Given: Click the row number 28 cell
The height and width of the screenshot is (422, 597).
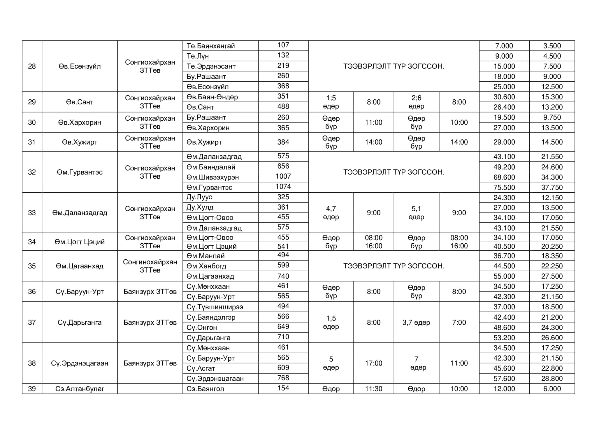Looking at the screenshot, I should [x=32, y=66].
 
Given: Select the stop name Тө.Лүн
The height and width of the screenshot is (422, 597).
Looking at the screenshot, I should [x=198, y=56].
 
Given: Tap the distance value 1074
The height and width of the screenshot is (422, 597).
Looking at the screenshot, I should [x=283, y=187].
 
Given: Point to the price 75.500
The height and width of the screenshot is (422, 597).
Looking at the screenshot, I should [x=504, y=187].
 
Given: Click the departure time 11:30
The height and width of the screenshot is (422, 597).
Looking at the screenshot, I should [x=373, y=389].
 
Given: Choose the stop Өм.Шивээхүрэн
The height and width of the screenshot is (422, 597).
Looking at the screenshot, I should [x=213, y=177].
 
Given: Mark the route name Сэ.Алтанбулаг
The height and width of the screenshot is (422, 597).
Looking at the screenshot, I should [x=80, y=389].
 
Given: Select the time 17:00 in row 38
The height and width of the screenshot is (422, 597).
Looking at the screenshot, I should [x=373, y=363].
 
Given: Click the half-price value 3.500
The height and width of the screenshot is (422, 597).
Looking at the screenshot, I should [x=552, y=46].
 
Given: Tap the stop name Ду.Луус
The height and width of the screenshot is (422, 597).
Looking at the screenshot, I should [x=199, y=197].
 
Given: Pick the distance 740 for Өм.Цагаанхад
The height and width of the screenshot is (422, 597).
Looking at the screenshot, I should [x=283, y=276].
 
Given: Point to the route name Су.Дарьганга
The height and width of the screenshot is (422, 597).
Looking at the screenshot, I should [x=80, y=322].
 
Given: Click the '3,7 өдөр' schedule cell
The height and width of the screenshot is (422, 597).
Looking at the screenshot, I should [x=416, y=322].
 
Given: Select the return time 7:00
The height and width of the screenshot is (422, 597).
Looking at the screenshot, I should [x=459, y=322].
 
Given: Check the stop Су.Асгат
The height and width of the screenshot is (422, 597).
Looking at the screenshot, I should [x=201, y=368].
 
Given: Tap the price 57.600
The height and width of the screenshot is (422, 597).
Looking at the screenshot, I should [x=504, y=379].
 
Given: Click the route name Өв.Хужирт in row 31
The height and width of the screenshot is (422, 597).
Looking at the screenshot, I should [x=80, y=142].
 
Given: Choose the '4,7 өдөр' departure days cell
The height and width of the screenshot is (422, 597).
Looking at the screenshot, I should [x=331, y=213].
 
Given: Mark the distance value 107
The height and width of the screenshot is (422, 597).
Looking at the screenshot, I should [x=283, y=45].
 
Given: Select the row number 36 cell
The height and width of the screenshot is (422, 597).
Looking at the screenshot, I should [x=32, y=291].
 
